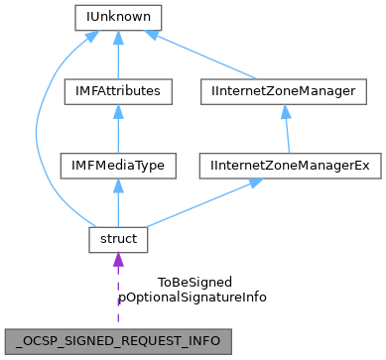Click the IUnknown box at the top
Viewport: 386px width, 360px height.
(118, 18)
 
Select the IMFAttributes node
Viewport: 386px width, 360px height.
(118, 91)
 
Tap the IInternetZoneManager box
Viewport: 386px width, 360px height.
(292, 91)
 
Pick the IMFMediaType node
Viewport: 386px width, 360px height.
(118, 166)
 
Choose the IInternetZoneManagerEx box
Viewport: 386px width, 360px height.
(292, 166)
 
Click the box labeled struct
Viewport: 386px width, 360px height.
(118, 239)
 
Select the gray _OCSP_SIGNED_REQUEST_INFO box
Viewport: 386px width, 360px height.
(118, 337)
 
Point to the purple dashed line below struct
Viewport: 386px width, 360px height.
(118, 298)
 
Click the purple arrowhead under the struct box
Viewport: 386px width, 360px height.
(118, 261)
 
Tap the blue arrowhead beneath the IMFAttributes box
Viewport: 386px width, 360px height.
(118, 112)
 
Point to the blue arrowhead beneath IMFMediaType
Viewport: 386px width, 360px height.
(118, 186)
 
